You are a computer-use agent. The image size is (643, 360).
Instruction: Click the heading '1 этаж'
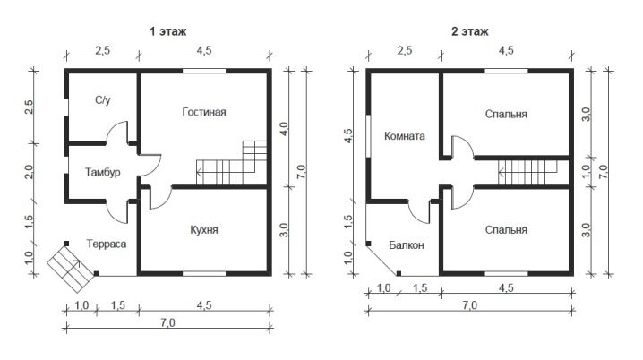(168, 31)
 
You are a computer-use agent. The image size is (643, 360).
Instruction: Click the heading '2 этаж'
(470, 31)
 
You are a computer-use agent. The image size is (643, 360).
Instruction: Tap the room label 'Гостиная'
(204, 112)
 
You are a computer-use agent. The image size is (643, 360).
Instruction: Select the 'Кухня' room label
(204, 229)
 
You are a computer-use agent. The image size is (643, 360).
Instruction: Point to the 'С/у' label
(102, 100)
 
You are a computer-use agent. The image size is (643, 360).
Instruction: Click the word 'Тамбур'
(102, 172)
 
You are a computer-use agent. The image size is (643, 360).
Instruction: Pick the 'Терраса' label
(107, 244)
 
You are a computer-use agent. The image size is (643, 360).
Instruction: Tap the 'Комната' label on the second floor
(404, 136)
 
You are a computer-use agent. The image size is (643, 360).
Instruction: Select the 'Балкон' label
(407, 245)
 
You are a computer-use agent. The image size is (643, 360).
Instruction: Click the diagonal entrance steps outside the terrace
(71, 270)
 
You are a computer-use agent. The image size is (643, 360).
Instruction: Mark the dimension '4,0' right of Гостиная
(284, 130)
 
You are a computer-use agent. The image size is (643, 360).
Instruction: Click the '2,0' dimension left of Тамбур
(30, 172)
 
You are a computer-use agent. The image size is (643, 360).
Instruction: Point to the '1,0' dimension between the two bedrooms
(586, 171)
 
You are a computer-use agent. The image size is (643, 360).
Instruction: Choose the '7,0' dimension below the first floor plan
(167, 322)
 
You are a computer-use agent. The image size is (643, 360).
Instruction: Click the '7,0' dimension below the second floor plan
(470, 305)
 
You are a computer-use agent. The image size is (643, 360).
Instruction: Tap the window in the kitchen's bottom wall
(204, 273)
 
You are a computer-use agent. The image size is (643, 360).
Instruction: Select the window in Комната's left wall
(368, 136)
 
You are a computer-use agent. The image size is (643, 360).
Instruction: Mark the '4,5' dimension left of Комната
(347, 136)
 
